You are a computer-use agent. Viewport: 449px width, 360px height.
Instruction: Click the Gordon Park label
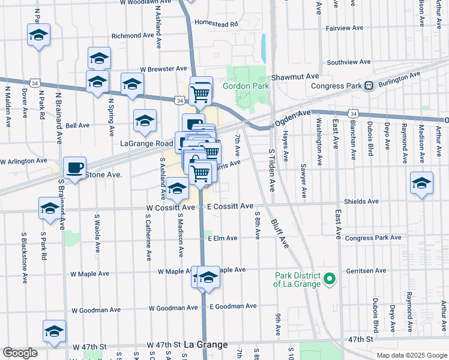click(x=246, y=86)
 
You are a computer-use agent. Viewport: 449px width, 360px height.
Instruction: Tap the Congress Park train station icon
click(x=369, y=85)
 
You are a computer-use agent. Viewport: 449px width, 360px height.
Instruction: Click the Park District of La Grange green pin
click(x=329, y=279)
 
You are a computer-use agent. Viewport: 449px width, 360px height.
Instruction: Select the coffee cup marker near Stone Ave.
click(x=74, y=167)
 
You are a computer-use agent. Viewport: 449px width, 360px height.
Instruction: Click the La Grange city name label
click(x=205, y=345)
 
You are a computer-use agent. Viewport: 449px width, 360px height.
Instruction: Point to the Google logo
click(x=20, y=353)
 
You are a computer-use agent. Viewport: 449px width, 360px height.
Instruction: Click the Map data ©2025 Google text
click(x=411, y=355)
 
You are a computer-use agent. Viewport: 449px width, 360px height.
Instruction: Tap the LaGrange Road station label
click(x=147, y=143)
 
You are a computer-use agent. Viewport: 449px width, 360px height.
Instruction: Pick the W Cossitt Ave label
click(x=170, y=207)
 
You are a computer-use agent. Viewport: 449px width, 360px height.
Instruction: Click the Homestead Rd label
click(x=216, y=24)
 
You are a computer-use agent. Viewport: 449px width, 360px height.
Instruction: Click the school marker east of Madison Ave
click(x=422, y=183)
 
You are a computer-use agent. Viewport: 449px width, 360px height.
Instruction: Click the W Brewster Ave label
click(x=164, y=70)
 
